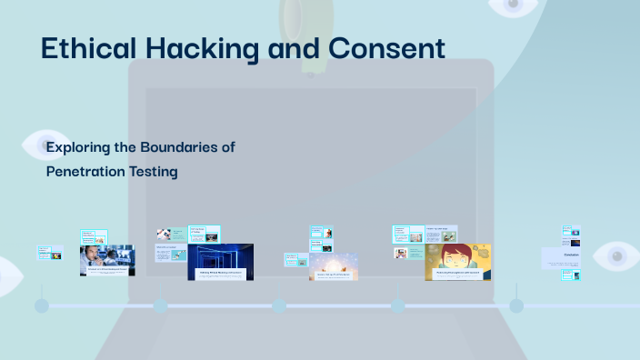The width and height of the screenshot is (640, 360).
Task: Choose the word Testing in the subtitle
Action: [x=153, y=170]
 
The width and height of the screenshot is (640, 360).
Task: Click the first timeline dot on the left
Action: [x=42, y=305]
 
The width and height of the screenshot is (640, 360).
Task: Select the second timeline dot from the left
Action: [x=160, y=305]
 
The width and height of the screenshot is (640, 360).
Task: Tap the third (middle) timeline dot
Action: [x=279, y=305]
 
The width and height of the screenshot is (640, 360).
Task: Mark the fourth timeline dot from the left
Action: [x=397, y=305]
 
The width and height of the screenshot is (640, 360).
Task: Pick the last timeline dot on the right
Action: [x=516, y=305]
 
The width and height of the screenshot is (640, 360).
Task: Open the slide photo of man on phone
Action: [x=106, y=260]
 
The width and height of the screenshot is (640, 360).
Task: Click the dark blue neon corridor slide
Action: [x=220, y=262]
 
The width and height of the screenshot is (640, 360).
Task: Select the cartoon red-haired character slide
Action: [x=457, y=262]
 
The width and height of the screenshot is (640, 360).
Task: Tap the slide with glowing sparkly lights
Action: [x=334, y=265]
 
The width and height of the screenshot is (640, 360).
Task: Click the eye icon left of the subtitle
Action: [x=40, y=145]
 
